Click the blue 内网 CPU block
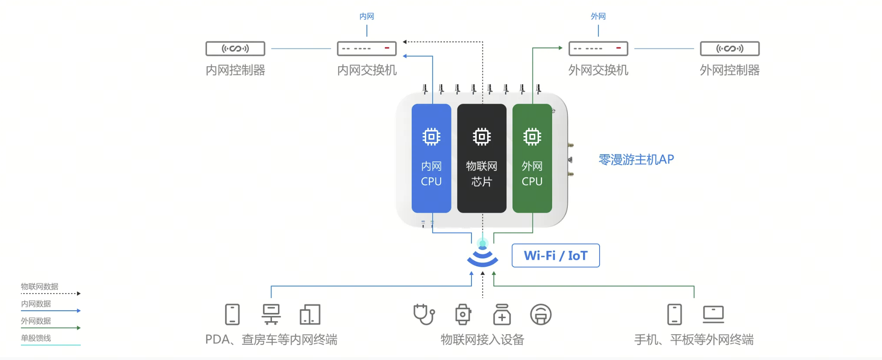tap(431, 158)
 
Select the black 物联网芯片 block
tap(482, 158)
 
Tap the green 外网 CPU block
tap(532, 158)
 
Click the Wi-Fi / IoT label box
tap(556, 255)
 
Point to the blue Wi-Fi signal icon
tap(482, 257)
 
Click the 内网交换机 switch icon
tap(366, 48)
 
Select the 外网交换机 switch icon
tap(598, 48)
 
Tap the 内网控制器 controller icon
tap(235, 48)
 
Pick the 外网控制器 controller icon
tap(729, 48)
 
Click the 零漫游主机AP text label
tap(636, 160)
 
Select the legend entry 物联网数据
tap(40, 287)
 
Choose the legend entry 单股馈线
tap(36, 338)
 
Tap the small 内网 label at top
tap(366, 17)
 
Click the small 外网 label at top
tap(598, 17)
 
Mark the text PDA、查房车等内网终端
tap(271, 340)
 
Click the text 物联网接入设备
tap(482, 340)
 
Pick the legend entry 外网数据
tap(36, 321)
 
